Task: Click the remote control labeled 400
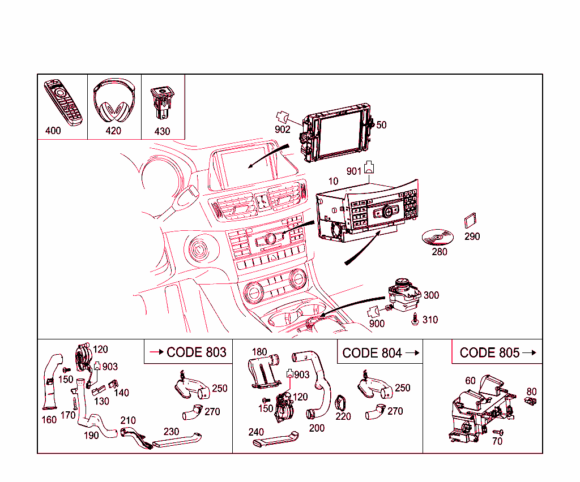coord(63,102)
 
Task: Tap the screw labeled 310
coord(416,320)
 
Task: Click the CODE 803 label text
coord(196,352)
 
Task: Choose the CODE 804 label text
coord(372,353)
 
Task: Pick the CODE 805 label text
coord(489,353)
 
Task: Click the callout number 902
coord(283,130)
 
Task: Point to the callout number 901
coord(354,171)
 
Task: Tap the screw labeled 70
coord(499,433)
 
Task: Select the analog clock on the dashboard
coord(261,201)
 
